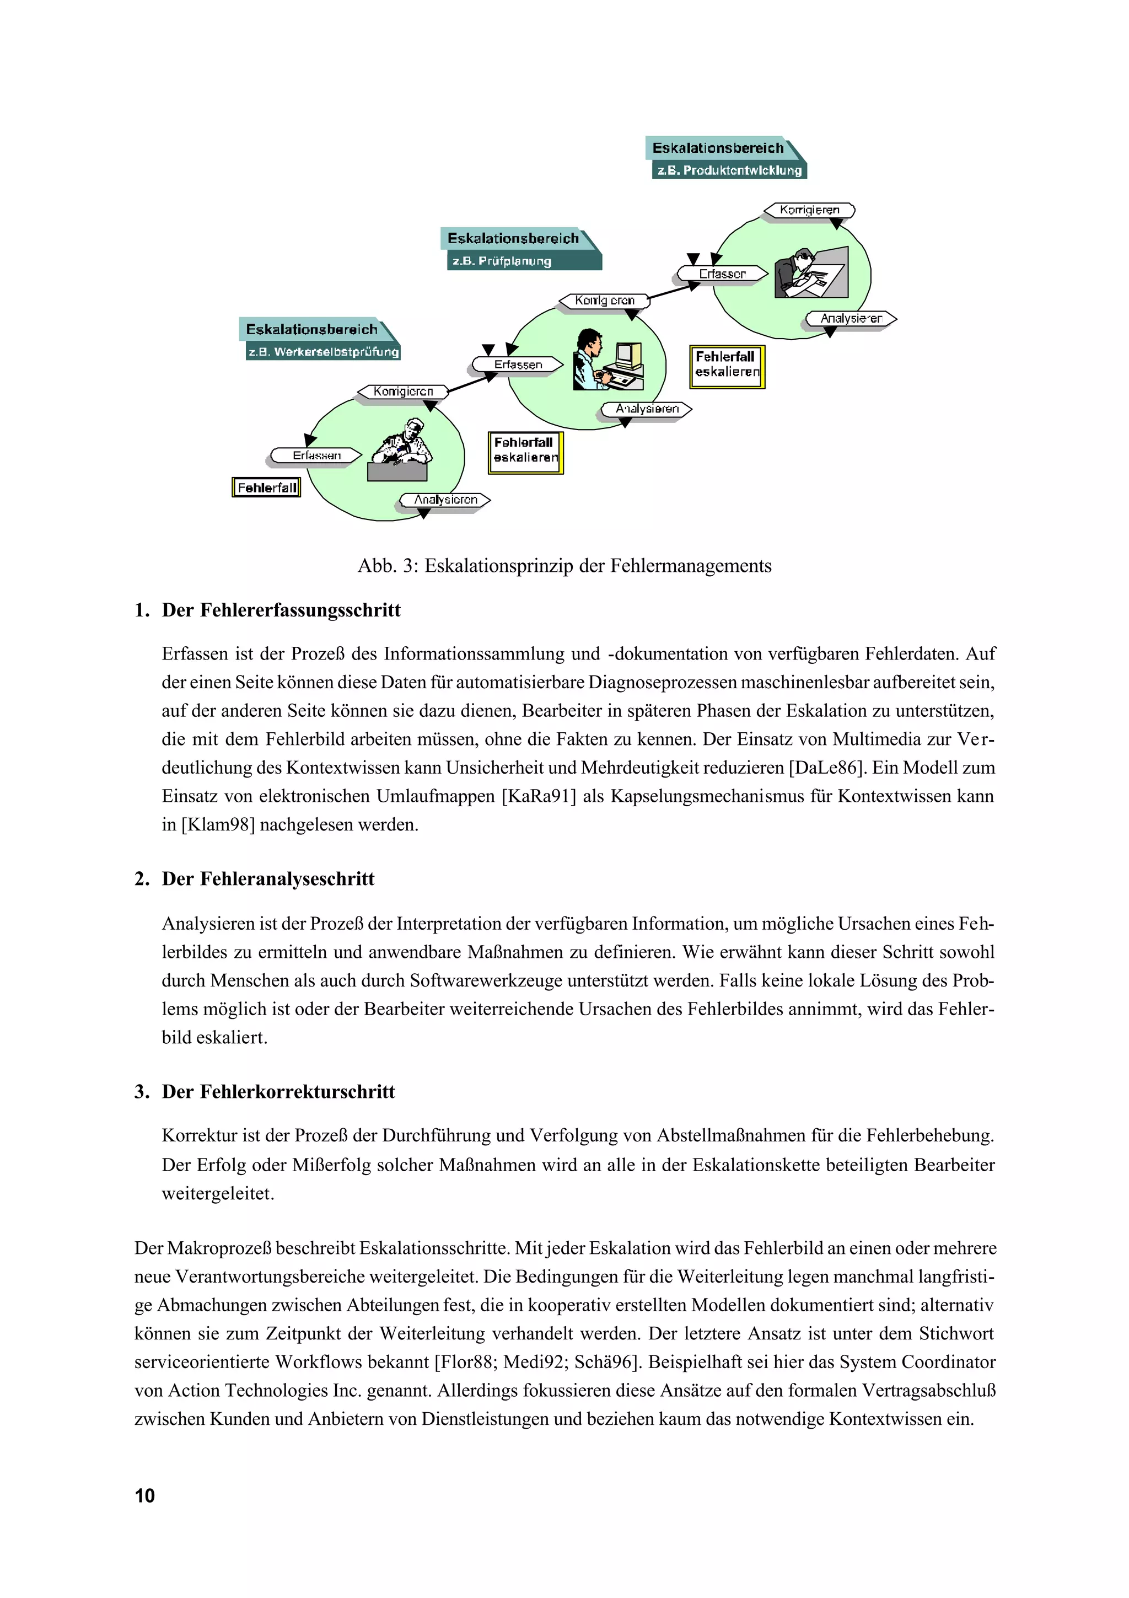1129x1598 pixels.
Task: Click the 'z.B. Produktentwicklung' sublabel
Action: pos(728,170)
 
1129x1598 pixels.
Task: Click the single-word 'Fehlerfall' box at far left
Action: pos(266,487)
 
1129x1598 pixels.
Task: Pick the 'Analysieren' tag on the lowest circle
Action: pos(445,500)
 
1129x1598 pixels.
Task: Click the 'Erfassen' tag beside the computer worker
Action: pos(518,364)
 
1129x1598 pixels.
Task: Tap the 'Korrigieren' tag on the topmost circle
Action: pos(809,210)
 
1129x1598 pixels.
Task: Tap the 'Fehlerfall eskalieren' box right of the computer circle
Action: pos(727,366)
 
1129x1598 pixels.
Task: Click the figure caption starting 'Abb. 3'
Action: pos(564,566)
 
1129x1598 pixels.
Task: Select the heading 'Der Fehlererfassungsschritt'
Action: pos(281,610)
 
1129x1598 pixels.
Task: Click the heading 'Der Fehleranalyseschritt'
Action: pos(268,879)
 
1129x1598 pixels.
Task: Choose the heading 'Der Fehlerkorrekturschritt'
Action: pos(278,1091)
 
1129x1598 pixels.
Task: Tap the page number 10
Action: pos(144,1495)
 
